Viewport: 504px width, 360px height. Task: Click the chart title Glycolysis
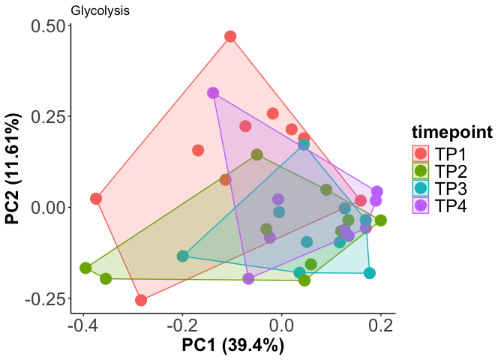point(100,11)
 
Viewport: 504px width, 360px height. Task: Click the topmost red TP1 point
point(230,37)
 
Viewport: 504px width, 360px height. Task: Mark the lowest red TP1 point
point(141,300)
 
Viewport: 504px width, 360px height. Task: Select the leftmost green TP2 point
point(85,268)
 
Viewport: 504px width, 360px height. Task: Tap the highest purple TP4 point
point(213,93)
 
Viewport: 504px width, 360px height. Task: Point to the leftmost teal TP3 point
point(182,256)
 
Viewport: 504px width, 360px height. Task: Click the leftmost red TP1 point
point(96,199)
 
